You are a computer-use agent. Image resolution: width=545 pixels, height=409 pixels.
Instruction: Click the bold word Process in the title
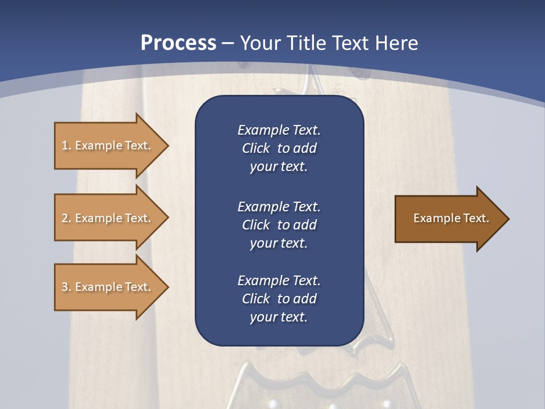click(178, 43)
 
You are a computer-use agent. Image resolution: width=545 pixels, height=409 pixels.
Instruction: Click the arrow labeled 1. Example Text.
click(108, 145)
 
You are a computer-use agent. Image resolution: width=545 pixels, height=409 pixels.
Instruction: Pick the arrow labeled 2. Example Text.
click(108, 218)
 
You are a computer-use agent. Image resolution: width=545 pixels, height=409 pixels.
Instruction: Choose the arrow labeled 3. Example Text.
click(108, 287)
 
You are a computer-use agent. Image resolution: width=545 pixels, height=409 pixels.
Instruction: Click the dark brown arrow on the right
click(448, 218)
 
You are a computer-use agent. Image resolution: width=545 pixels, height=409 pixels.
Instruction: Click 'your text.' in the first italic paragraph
click(279, 167)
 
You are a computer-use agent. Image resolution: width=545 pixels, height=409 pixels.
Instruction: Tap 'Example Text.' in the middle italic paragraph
click(279, 206)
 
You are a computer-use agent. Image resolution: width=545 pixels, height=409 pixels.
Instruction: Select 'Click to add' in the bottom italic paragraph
click(279, 299)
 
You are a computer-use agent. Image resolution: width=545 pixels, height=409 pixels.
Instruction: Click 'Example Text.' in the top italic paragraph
click(279, 130)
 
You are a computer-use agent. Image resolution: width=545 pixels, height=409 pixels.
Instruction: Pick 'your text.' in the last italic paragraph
click(279, 318)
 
